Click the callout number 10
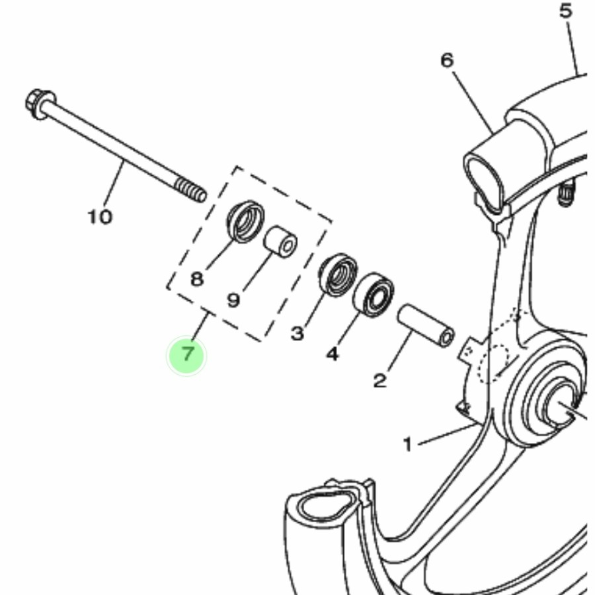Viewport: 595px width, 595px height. [x=100, y=217]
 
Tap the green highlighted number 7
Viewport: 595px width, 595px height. [x=186, y=356]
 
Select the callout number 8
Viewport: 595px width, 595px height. [x=196, y=279]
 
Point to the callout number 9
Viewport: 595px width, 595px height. [x=234, y=300]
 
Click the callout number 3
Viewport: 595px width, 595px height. [x=297, y=334]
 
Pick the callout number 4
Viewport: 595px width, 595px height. [x=333, y=354]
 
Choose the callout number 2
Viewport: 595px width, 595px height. [x=380, y=381]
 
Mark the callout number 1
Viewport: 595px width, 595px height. [x=407, y=445]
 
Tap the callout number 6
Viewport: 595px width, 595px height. [x=447, y=60]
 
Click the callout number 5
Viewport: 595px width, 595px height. [x=566, y=11]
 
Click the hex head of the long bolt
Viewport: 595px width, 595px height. [x=39, y=103]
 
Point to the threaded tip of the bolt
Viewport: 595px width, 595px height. [x=191, y=190]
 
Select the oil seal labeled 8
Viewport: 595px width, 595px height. [x=246, y=221]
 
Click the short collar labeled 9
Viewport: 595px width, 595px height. [x=281, y=242]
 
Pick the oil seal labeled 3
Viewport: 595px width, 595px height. [x=338, y=275]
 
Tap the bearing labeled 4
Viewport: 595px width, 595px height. [x=374, y=294]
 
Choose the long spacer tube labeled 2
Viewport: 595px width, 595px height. [x=426, y=326]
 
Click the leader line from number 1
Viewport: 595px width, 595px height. [x=447, y=434]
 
